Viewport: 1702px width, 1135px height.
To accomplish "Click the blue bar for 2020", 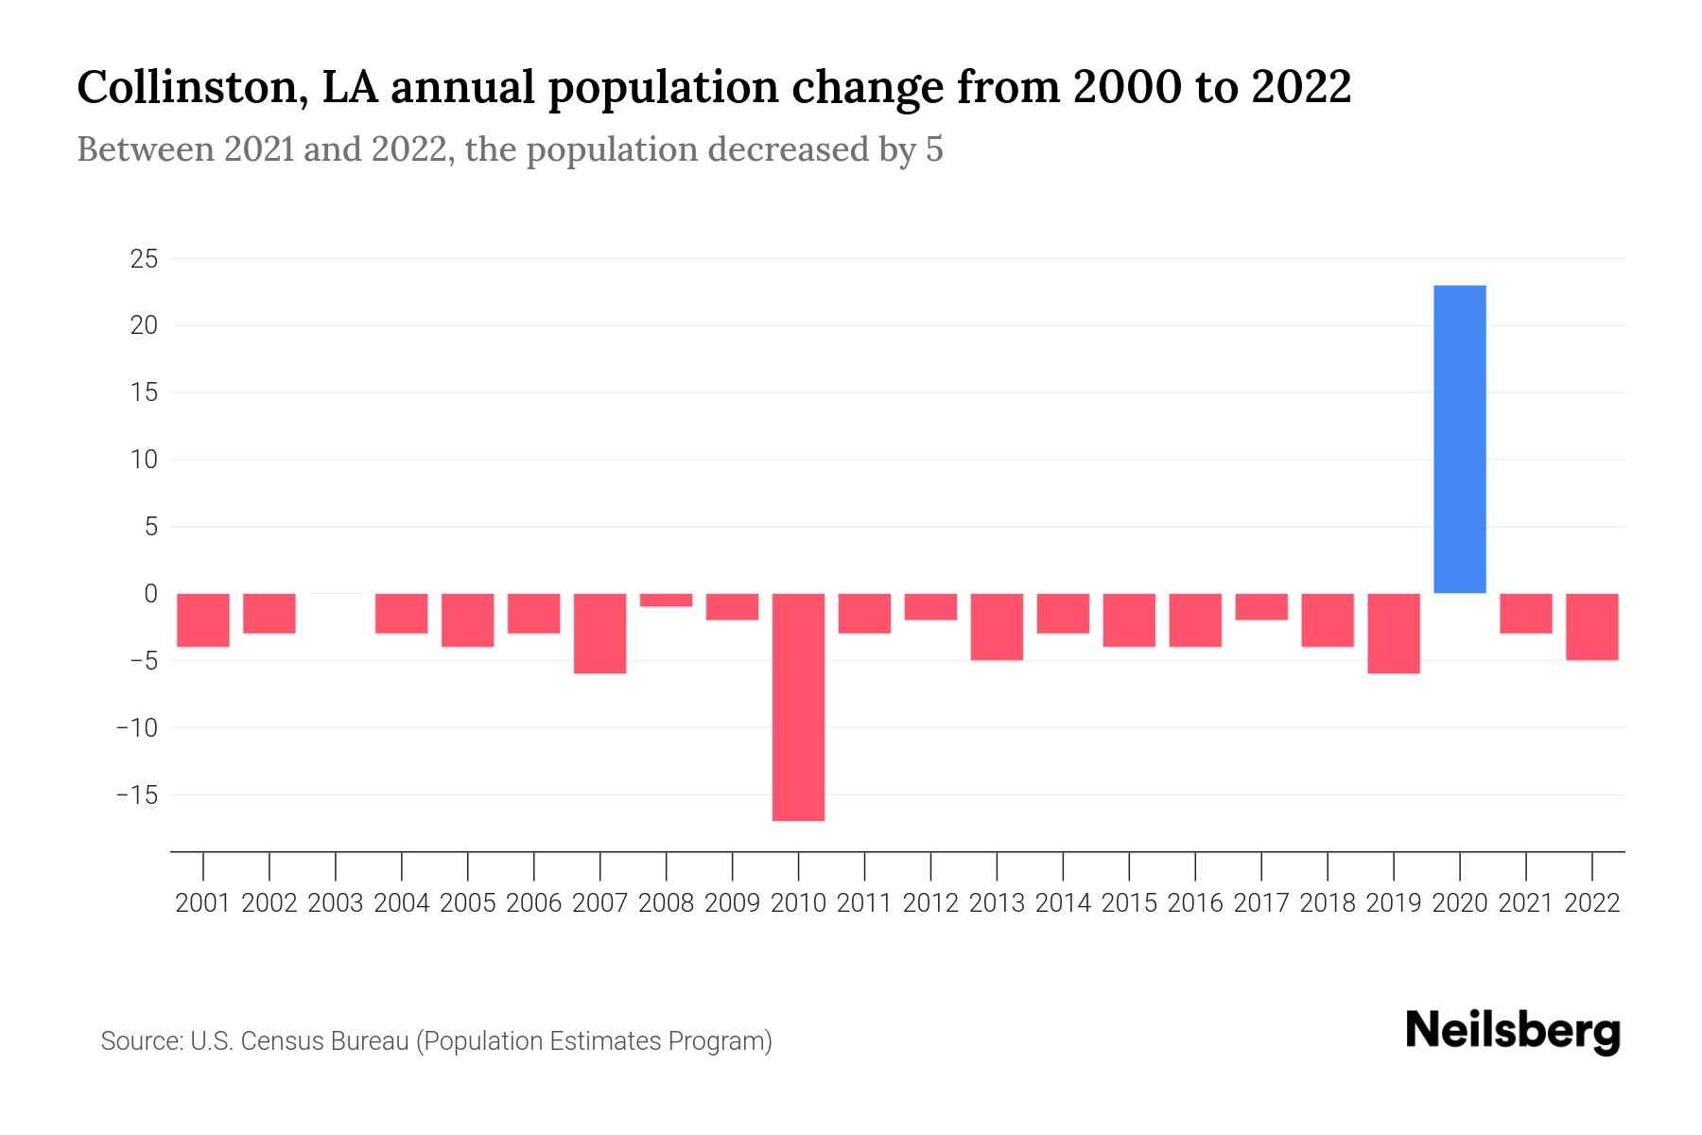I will (x=1459, y=439).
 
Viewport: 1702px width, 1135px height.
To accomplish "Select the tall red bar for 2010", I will (x=798, y=707).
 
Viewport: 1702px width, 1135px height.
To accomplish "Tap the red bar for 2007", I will (x=599, y=633).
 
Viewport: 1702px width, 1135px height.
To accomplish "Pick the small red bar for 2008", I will (x=666, y=600).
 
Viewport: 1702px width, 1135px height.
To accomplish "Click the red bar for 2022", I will (x=1592, y=626).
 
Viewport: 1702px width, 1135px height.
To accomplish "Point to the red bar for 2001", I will (x=203, y=620).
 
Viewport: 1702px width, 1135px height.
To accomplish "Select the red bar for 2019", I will (x=1393, y=633).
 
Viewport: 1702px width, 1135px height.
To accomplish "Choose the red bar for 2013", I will (x=997, y=626).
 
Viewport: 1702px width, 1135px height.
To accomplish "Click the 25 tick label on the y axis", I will (x=144, y=258).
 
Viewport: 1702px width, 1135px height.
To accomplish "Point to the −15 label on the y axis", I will (x=137, y=794).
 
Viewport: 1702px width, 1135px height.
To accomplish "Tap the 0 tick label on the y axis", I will (x=150, y=593).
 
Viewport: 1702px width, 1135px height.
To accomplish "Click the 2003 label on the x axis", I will (x=336, y=903).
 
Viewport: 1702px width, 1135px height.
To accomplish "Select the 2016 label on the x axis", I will (x=1195, y=903).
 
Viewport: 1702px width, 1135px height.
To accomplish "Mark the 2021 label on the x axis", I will (x=1526, y=903).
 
